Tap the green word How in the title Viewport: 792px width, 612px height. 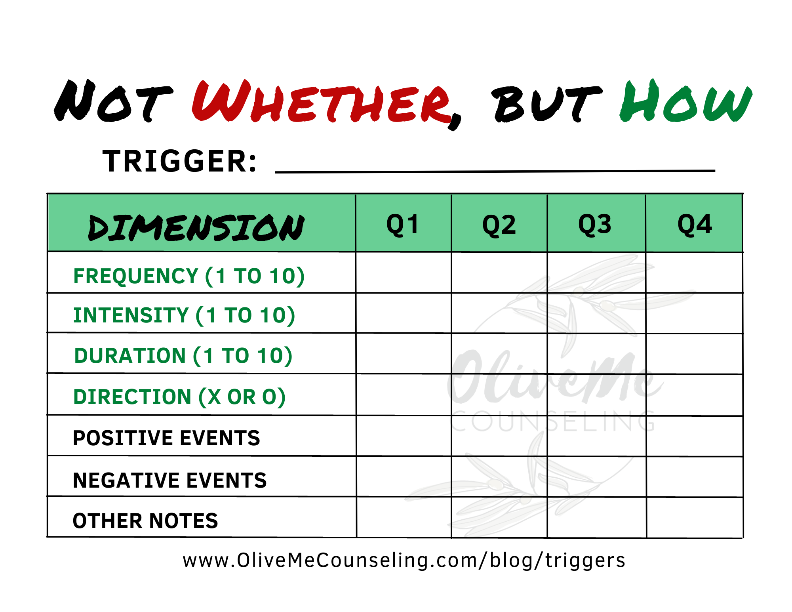(x=686, y=102)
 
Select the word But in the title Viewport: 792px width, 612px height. (x=546, y=104)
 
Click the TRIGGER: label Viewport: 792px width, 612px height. (x=180, y=161)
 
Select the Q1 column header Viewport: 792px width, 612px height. (x=403, y=225)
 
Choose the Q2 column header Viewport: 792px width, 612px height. (x=499, y=225)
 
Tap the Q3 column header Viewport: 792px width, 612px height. (x=595, y=225)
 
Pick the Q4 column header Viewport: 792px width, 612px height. (x=695, y=225)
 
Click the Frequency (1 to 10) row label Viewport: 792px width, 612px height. (x=189, y=276)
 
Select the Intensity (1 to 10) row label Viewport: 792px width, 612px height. (x=184, y=315)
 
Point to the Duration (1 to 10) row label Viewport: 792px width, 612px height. (x=183, y=356)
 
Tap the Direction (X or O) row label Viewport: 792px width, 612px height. (x=179, y=397)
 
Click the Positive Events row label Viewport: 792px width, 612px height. (x=166, y=438)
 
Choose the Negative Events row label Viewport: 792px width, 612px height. (x=169, y=480)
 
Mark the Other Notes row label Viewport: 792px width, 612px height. (x=145, y=520)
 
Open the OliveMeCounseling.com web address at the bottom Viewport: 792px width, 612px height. (x=404, y=561)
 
